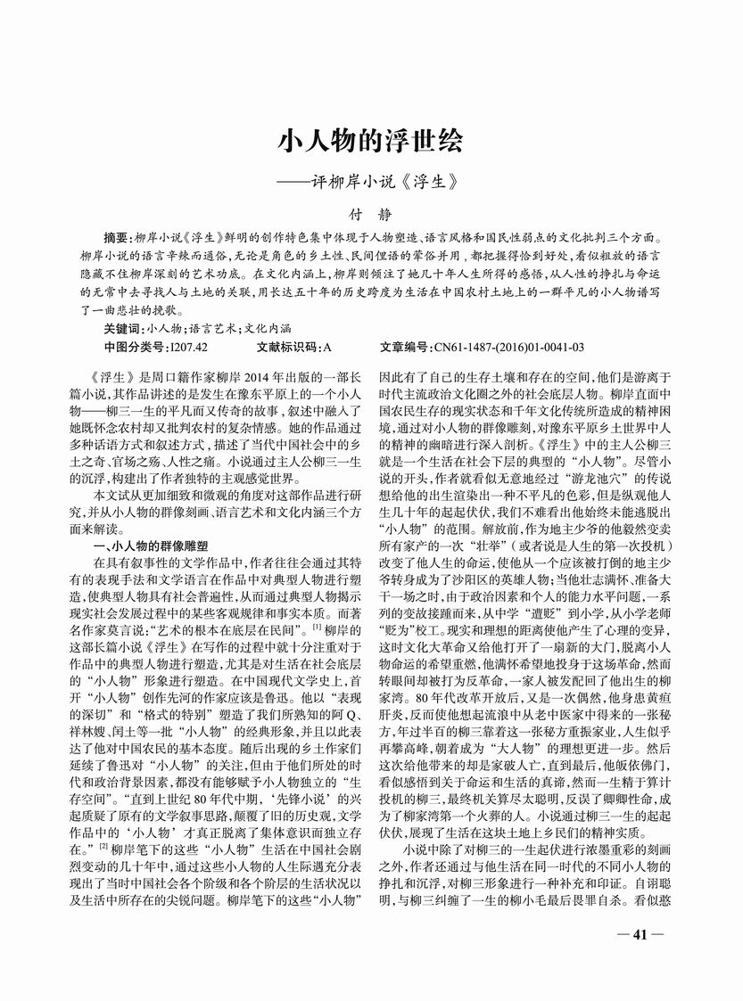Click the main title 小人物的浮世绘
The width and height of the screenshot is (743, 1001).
[371, 143]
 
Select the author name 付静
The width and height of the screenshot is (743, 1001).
[371, 215]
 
